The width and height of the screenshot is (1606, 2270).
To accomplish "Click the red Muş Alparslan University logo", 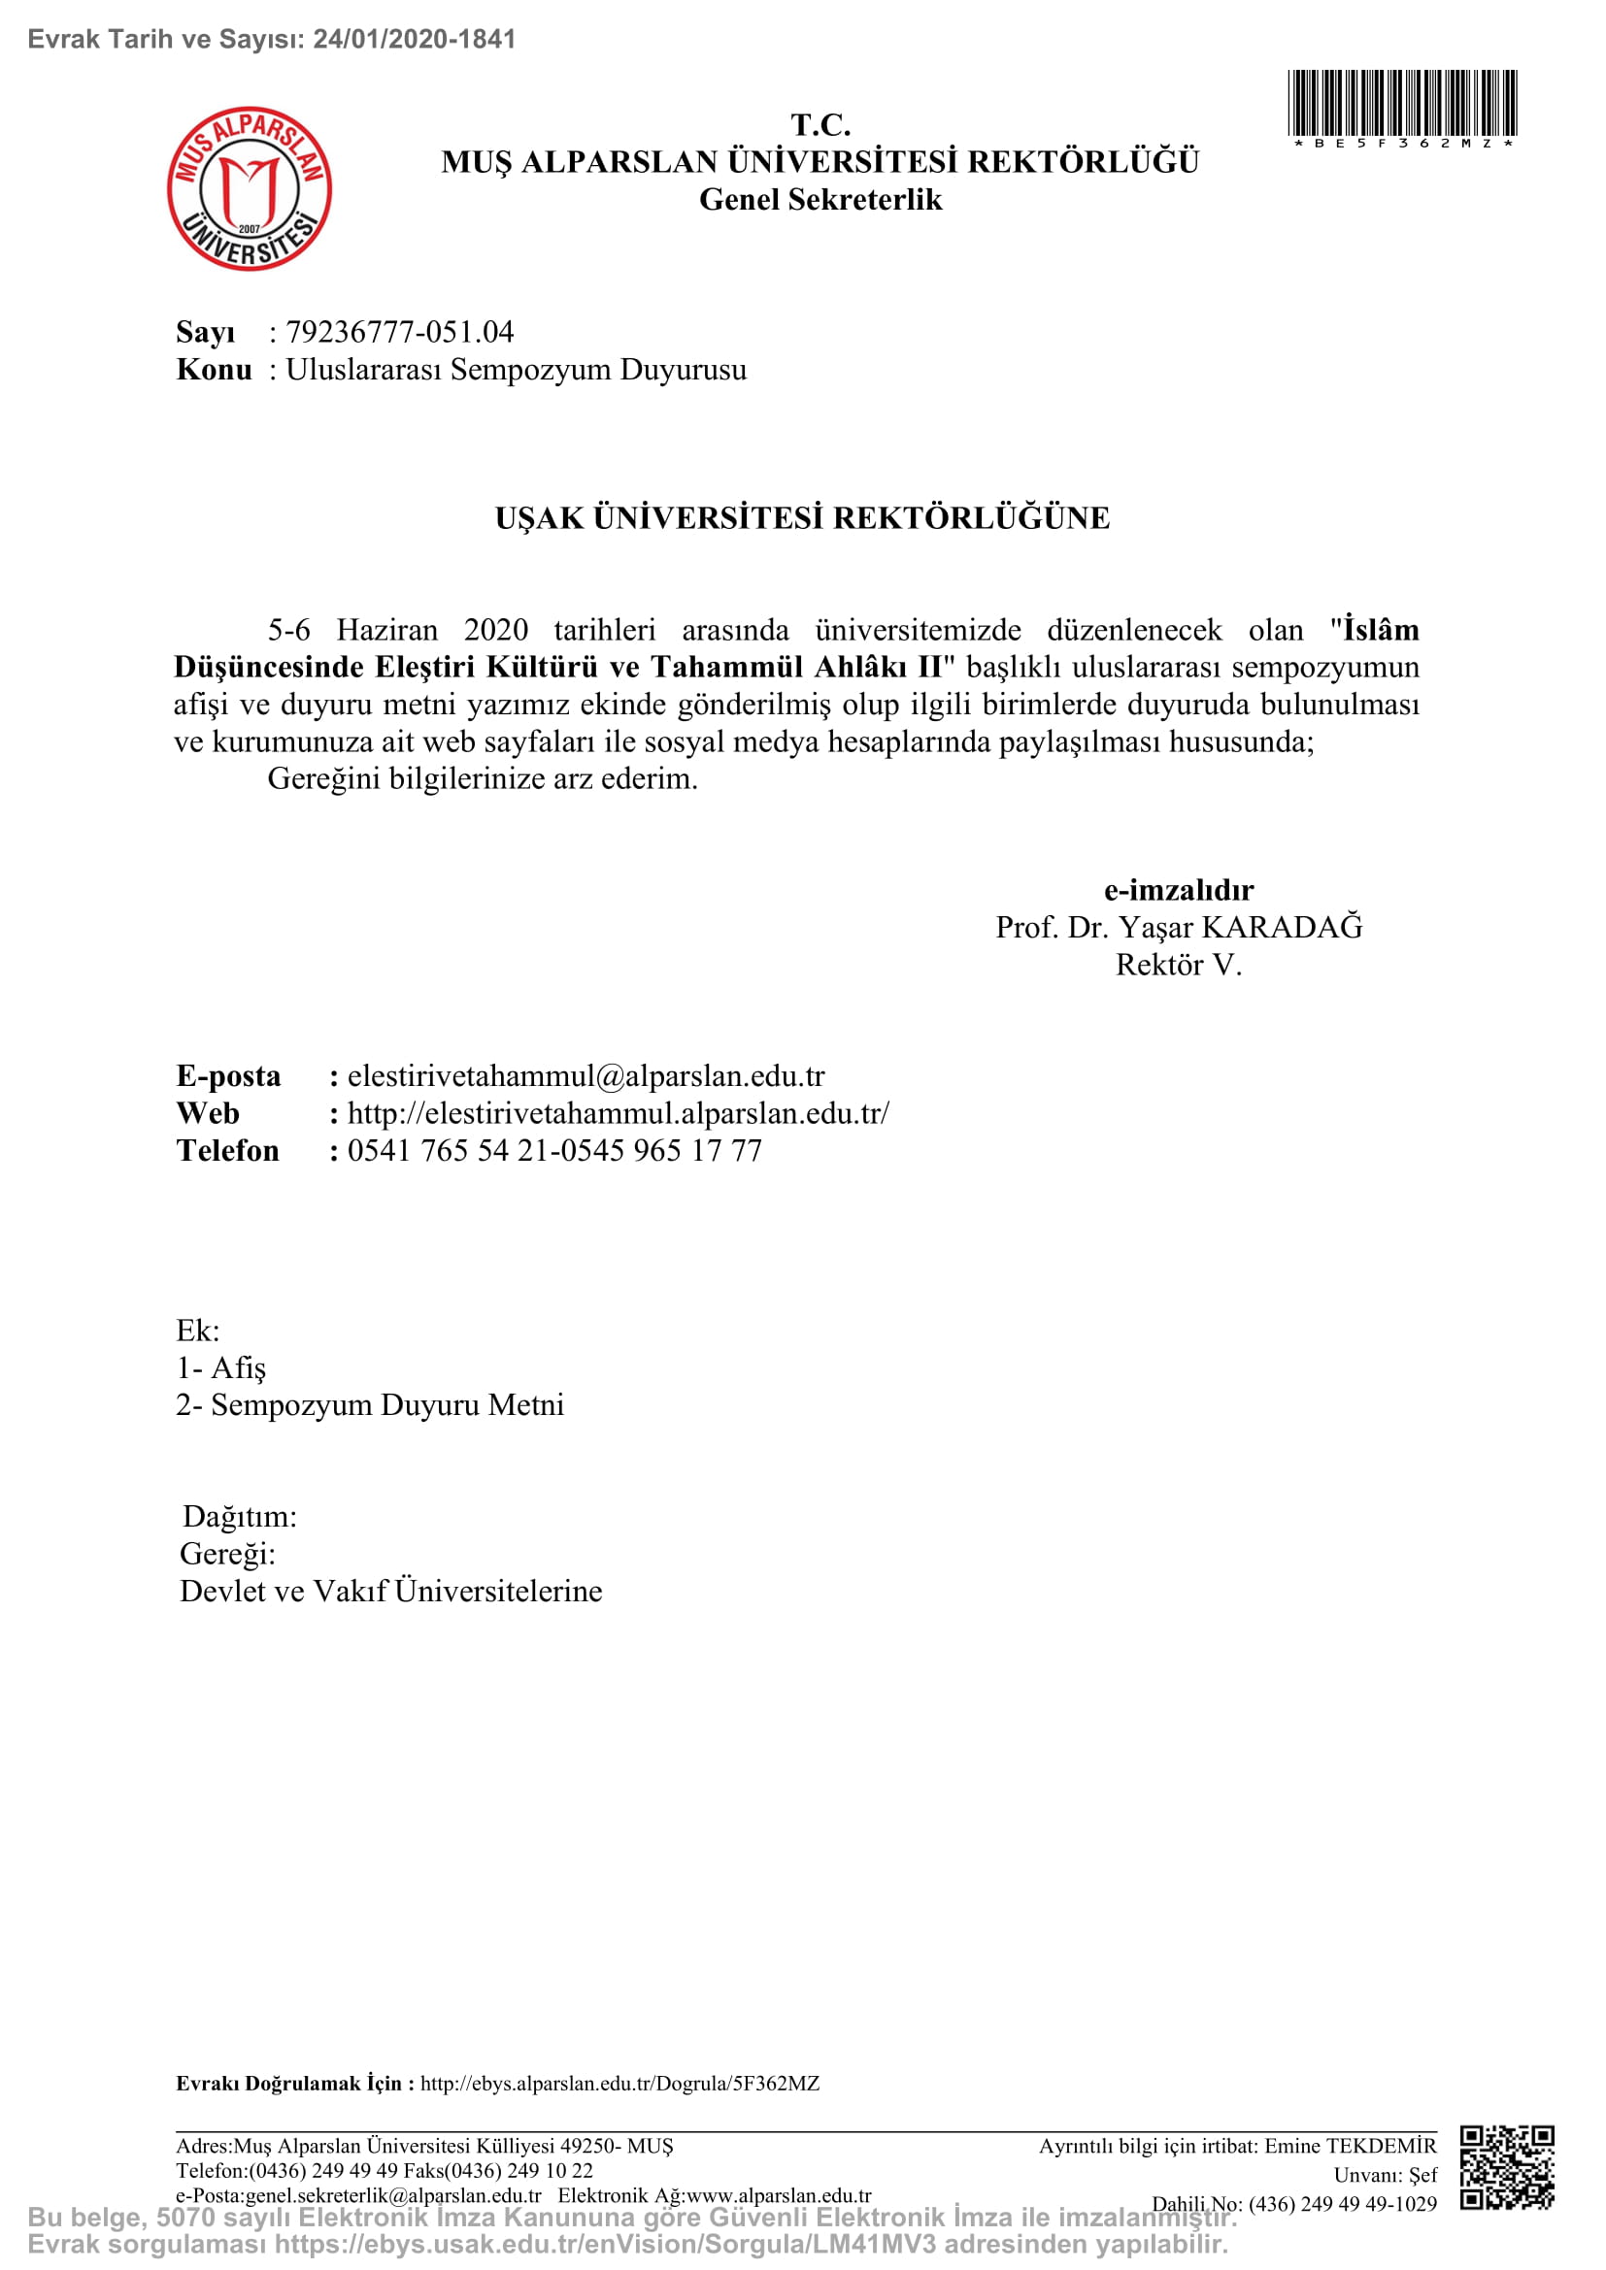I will click(250, 189).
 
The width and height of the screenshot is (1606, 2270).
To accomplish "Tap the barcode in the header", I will click(1401, 104).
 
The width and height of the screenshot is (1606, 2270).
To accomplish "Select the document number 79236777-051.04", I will click(399, 332).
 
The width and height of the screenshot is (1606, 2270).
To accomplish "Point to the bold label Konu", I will click(214, 370).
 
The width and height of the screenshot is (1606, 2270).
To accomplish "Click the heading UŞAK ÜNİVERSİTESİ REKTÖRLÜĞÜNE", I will click(802, 518).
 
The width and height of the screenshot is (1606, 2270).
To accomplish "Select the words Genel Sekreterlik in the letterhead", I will click(820, 200).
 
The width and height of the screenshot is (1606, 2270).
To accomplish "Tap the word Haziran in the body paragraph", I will click(386, 630).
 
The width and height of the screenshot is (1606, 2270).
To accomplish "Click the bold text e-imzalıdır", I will click(1178, 890).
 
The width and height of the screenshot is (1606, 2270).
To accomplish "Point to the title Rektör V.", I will click(1178, 965).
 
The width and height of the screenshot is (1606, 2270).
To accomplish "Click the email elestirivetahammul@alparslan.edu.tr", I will click(586, 1075).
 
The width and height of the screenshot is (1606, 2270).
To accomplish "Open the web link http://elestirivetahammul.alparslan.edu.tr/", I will click(619, 1113).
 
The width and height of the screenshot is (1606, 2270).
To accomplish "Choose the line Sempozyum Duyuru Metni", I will click(386, 1405).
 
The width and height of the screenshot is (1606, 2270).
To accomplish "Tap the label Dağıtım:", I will click(239, 1517).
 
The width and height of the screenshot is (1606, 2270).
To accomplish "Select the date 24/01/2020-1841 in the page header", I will click(415, 40).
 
